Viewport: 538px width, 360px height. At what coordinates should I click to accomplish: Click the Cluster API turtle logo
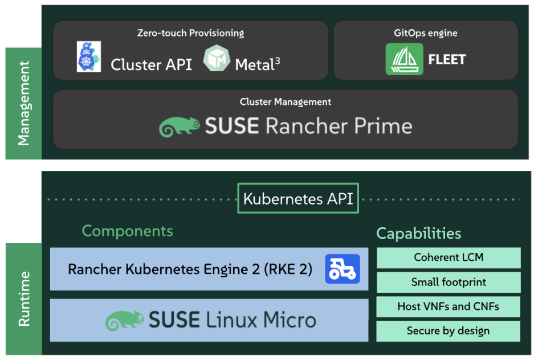coord(89,56)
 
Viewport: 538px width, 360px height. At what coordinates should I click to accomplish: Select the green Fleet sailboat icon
coord(404,59)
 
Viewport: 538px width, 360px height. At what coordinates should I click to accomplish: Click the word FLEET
coord(447,59)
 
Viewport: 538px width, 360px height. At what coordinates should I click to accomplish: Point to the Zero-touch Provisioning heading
coord(190,33)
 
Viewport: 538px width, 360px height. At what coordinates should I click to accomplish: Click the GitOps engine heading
coord(425,33)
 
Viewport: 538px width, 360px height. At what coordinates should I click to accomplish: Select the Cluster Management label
coord(285,102)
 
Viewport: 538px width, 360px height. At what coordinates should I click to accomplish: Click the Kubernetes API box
coord(298,199)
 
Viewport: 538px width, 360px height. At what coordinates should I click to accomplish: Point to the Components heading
coord(127,231)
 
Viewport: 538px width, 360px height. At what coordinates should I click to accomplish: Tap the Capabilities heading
coord(418,233)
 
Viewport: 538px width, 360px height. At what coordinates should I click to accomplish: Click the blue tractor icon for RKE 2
coord(343,269)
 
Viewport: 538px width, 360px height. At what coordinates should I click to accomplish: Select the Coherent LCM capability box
coord(449,257)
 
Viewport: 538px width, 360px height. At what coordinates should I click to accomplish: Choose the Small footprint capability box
coord(449,282)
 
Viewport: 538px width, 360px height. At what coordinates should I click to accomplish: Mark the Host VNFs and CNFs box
coord(449,306)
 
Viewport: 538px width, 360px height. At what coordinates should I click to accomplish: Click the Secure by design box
coord(449,331)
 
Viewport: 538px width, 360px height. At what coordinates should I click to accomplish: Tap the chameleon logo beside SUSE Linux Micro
coord(125,321)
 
